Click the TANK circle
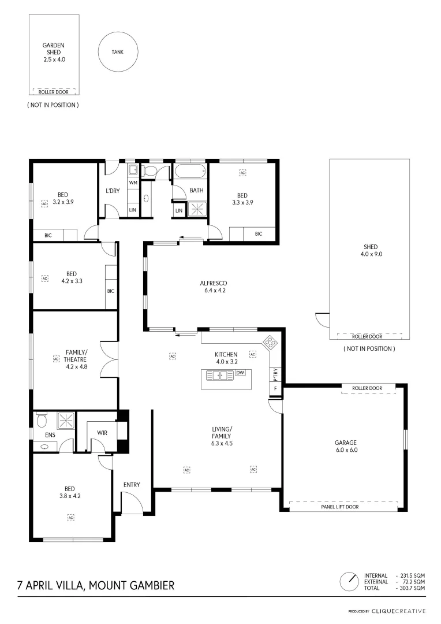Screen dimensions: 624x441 tap(118, 51)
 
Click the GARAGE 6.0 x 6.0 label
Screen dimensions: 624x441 tap(346, 445)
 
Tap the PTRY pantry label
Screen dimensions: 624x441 tap(276, 374)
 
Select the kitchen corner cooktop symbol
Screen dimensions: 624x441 tap(270, 342)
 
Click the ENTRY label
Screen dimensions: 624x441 tap(132, 485)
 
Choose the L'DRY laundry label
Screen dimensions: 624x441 tap(113, 191)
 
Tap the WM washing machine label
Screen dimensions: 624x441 tap(133, 183)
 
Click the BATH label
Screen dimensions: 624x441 tap(197, 190)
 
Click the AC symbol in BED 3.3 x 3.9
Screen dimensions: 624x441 tap(242, 173)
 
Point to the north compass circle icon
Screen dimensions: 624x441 tap(349, 580)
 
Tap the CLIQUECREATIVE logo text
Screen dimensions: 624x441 tap(398, 611)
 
